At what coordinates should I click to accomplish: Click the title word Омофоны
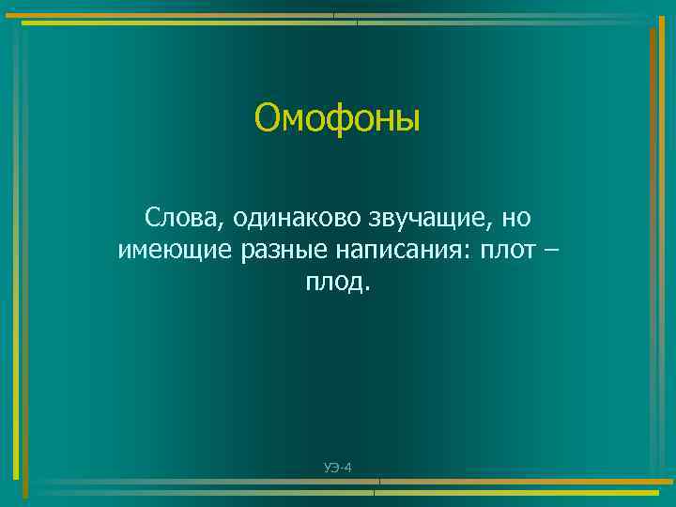(x=338, y=119)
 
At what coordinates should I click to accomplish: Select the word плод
(x=334, y=283)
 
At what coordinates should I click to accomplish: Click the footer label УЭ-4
(x=337, y=467)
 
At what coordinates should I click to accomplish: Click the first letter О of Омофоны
(x=267, y=119)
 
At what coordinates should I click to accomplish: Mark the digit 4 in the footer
(x=347, y=467)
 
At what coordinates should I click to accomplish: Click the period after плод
(x=368, y=288)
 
